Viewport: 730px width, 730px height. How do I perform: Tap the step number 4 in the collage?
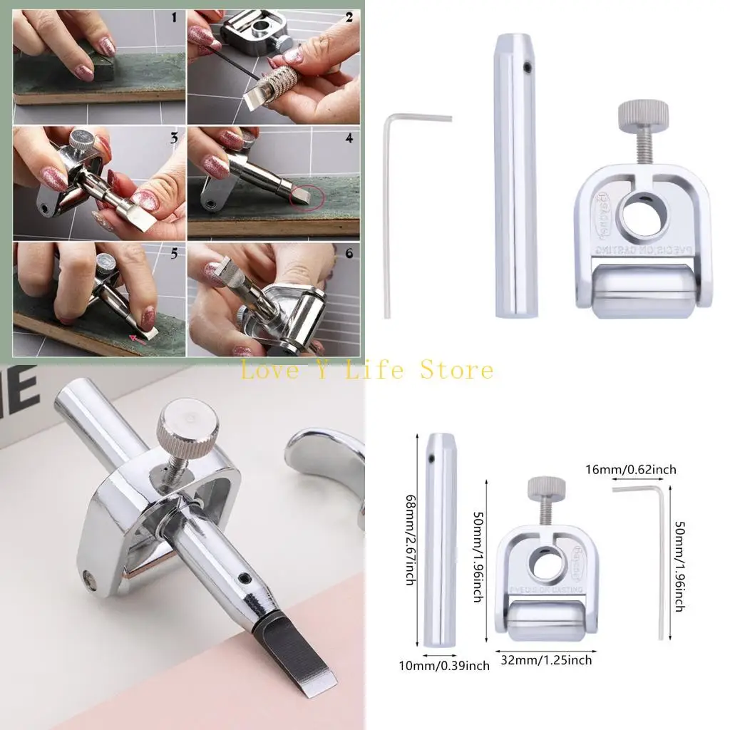(x=349, y=138)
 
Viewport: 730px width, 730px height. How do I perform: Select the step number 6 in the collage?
(x=349, y=253)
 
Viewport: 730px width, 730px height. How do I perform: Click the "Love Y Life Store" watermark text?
(x=366, y=370)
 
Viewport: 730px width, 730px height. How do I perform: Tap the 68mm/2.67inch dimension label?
(x=410, y=539)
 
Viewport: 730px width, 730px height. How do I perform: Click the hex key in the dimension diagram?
(x=660, y=556)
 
